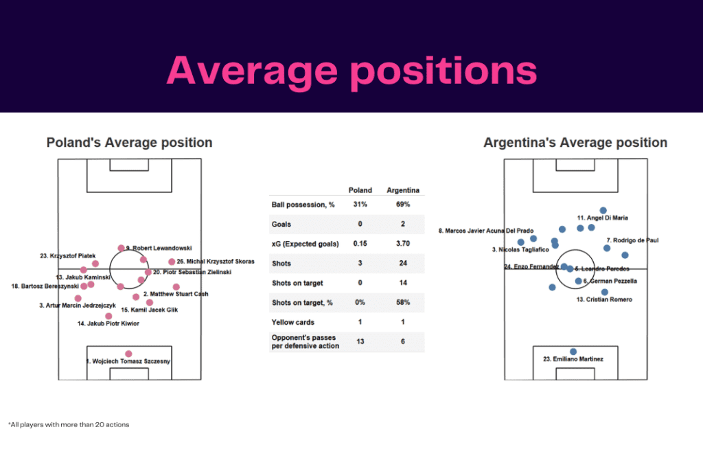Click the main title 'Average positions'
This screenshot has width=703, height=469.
coord(351,70)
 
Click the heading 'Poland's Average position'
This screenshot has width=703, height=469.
coord(129,143)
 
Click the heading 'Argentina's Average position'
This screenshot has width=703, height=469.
coord(575,143)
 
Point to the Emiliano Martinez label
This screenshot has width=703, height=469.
coord(573,358)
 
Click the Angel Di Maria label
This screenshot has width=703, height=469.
coord(603,218)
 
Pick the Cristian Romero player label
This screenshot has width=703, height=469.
coord(604,299)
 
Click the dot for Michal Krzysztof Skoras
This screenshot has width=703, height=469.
coord(172,262)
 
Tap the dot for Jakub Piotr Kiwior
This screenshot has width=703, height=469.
coord(108,316)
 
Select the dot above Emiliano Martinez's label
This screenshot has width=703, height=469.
coord(573,352)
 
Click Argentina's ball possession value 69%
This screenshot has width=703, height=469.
coord(403,205)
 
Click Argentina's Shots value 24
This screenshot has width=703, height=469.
coord(403,263)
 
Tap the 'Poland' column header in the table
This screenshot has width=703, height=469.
coord(360,190)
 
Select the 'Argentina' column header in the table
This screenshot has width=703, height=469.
coord(403,190)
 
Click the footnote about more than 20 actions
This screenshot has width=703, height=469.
coord(69,424)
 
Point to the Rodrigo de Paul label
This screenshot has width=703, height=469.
coord(632,240)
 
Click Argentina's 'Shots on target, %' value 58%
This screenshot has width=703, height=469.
coord(403,302)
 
